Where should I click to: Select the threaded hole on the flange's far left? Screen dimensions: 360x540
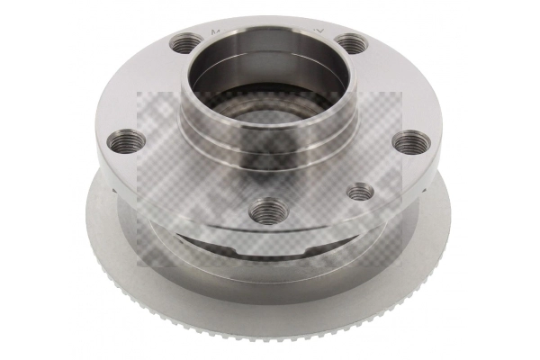pyautogui.click(x=124, y=142)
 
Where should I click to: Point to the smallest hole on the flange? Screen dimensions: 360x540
pyautogui.click(x=359, y=191)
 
